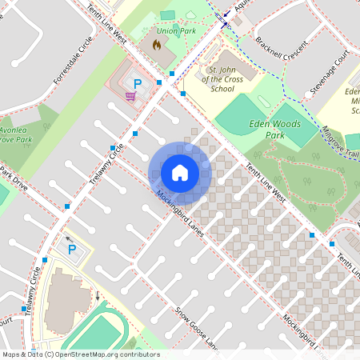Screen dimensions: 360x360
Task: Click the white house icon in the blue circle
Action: click(x=179, y=172)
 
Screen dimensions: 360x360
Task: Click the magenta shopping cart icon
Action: click(x=130, y=96)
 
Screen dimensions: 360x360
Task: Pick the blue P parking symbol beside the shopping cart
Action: click(x=137, y=83)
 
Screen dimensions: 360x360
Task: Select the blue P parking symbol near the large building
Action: click(x=71, y=250)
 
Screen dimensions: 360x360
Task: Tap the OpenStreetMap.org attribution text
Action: click(x=80, y=354)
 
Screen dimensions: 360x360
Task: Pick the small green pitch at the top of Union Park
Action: click(x=167, y=15)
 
